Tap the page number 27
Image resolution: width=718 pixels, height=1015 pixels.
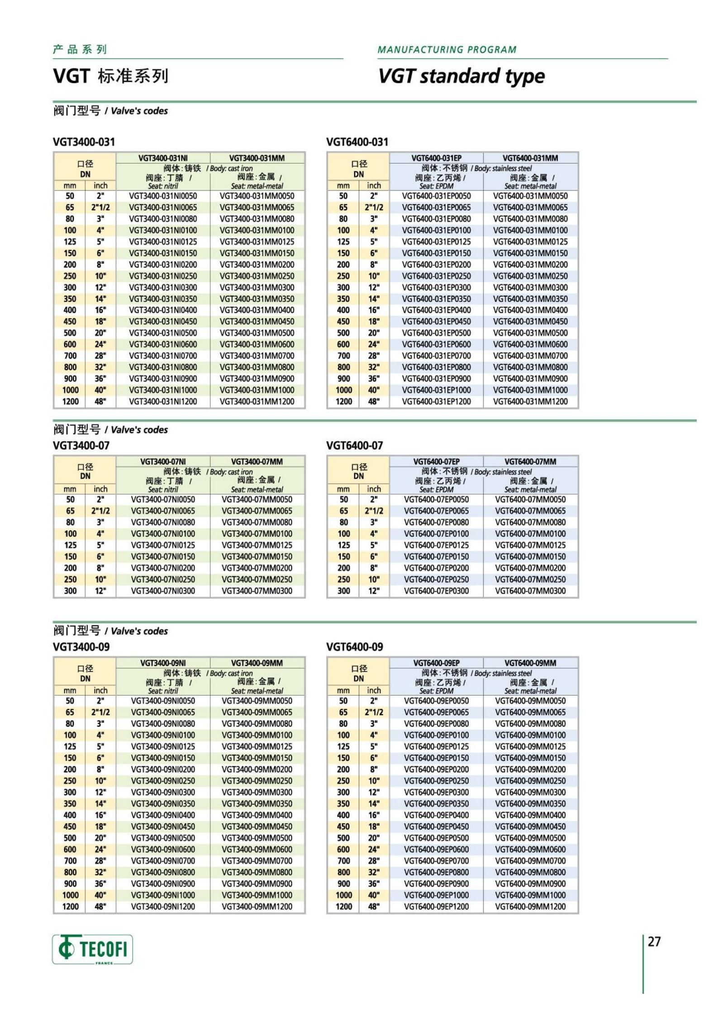(654, 941)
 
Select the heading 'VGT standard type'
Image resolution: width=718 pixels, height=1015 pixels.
(461, 76)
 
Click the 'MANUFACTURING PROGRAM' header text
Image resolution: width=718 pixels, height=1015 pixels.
(447, 50)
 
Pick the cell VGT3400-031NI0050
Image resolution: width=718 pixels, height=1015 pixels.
(163, 196)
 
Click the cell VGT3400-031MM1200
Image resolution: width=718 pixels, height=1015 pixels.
(257, 401)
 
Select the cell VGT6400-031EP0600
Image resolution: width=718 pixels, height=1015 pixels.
(436, 345)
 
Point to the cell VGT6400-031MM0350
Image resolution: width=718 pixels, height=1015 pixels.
(530, 299)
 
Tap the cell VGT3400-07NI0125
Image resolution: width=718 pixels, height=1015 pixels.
(163, 545)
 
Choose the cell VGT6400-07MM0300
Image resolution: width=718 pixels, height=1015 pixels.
(530, 591)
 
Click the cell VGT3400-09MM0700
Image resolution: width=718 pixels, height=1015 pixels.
(257, 861)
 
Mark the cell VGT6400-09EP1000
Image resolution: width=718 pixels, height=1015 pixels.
(436, 895)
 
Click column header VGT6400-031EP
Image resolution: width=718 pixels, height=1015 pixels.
(436, 158)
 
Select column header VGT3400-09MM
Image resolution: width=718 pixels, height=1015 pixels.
(257, 663)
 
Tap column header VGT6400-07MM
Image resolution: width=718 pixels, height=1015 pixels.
(530, 462)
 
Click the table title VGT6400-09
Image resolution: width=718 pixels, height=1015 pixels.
(354, 647)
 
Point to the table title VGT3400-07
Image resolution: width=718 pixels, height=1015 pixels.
(81, 446)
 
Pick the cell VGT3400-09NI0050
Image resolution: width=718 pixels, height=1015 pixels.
(163, 701)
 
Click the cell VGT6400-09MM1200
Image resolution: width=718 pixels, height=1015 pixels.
(530, 906)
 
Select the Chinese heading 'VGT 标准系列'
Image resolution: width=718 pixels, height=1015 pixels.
(111, 76)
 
